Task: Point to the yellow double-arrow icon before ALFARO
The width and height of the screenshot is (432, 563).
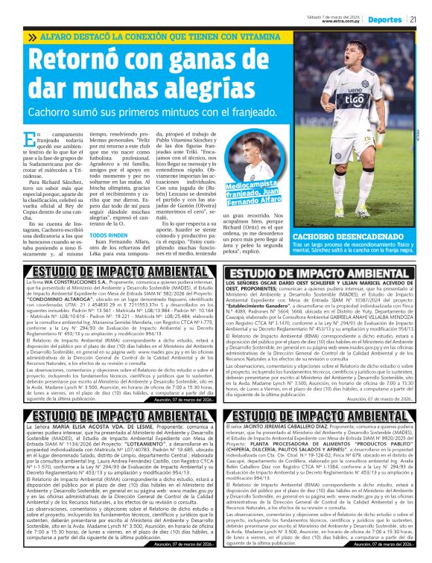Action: click(x=33, y=37)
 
